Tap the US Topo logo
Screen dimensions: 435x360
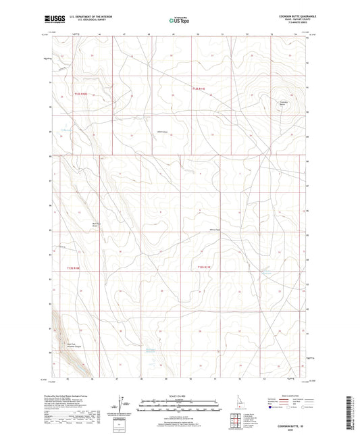tap(178, 21)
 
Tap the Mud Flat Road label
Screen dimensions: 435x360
tap(96, 225)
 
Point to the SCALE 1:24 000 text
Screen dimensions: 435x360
tap(180, 395)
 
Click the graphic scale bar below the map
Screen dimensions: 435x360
tap(180, 406)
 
